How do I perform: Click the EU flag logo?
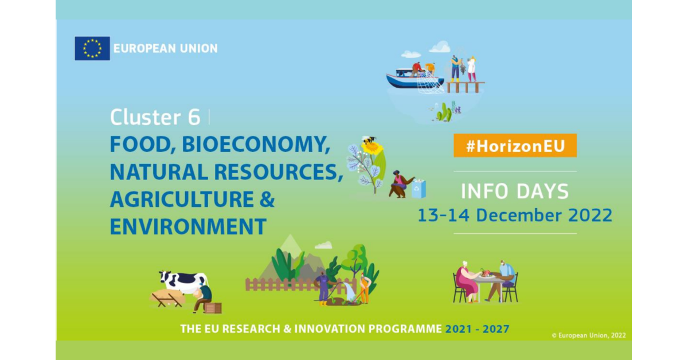click(92, 48)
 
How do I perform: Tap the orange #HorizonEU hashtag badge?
click(515, 146)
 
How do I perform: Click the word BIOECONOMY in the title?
click(256, 144)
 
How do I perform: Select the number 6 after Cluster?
click(194, 117)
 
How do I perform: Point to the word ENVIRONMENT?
click(188, 226)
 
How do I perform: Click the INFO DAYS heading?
click(515, 191)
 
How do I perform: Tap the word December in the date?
click(519, 215)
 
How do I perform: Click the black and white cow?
click(183, 281)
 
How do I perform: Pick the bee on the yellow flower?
click(369, 140)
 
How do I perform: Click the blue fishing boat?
click(415, 79)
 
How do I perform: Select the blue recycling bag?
click(419, 188)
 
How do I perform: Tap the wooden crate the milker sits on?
click(213, 308)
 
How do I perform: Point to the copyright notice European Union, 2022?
click(589, 335)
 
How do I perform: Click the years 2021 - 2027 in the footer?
click(477, 329)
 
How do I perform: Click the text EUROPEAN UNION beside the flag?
click(166, 48)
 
